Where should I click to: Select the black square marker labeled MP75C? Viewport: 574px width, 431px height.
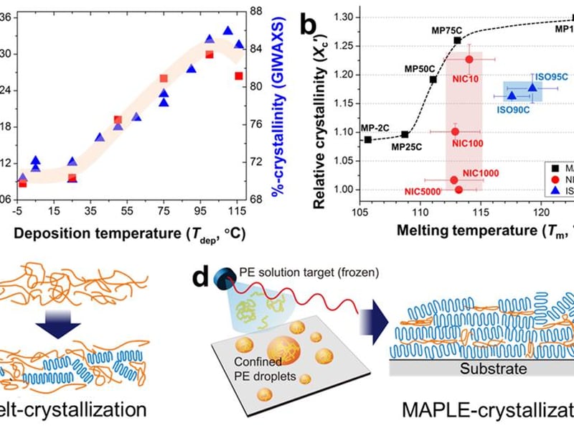[458, 41]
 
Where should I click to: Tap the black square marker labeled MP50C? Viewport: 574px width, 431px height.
[433, 79]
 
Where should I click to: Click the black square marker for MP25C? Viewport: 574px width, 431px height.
[405, 134]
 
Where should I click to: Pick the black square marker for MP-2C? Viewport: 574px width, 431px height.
[368, 139]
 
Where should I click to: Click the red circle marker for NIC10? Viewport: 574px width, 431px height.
[469, 60]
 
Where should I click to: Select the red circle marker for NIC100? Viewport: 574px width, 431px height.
[456, 131]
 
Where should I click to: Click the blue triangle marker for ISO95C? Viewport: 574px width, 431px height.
[532, 87]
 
